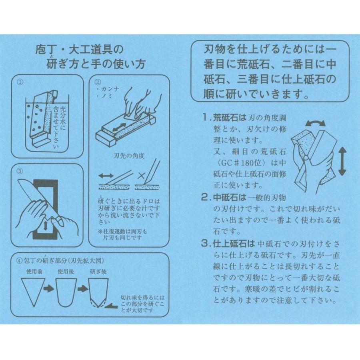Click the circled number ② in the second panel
98,82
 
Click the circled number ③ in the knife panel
20,171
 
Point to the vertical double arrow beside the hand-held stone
342,161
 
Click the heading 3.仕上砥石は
228,243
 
